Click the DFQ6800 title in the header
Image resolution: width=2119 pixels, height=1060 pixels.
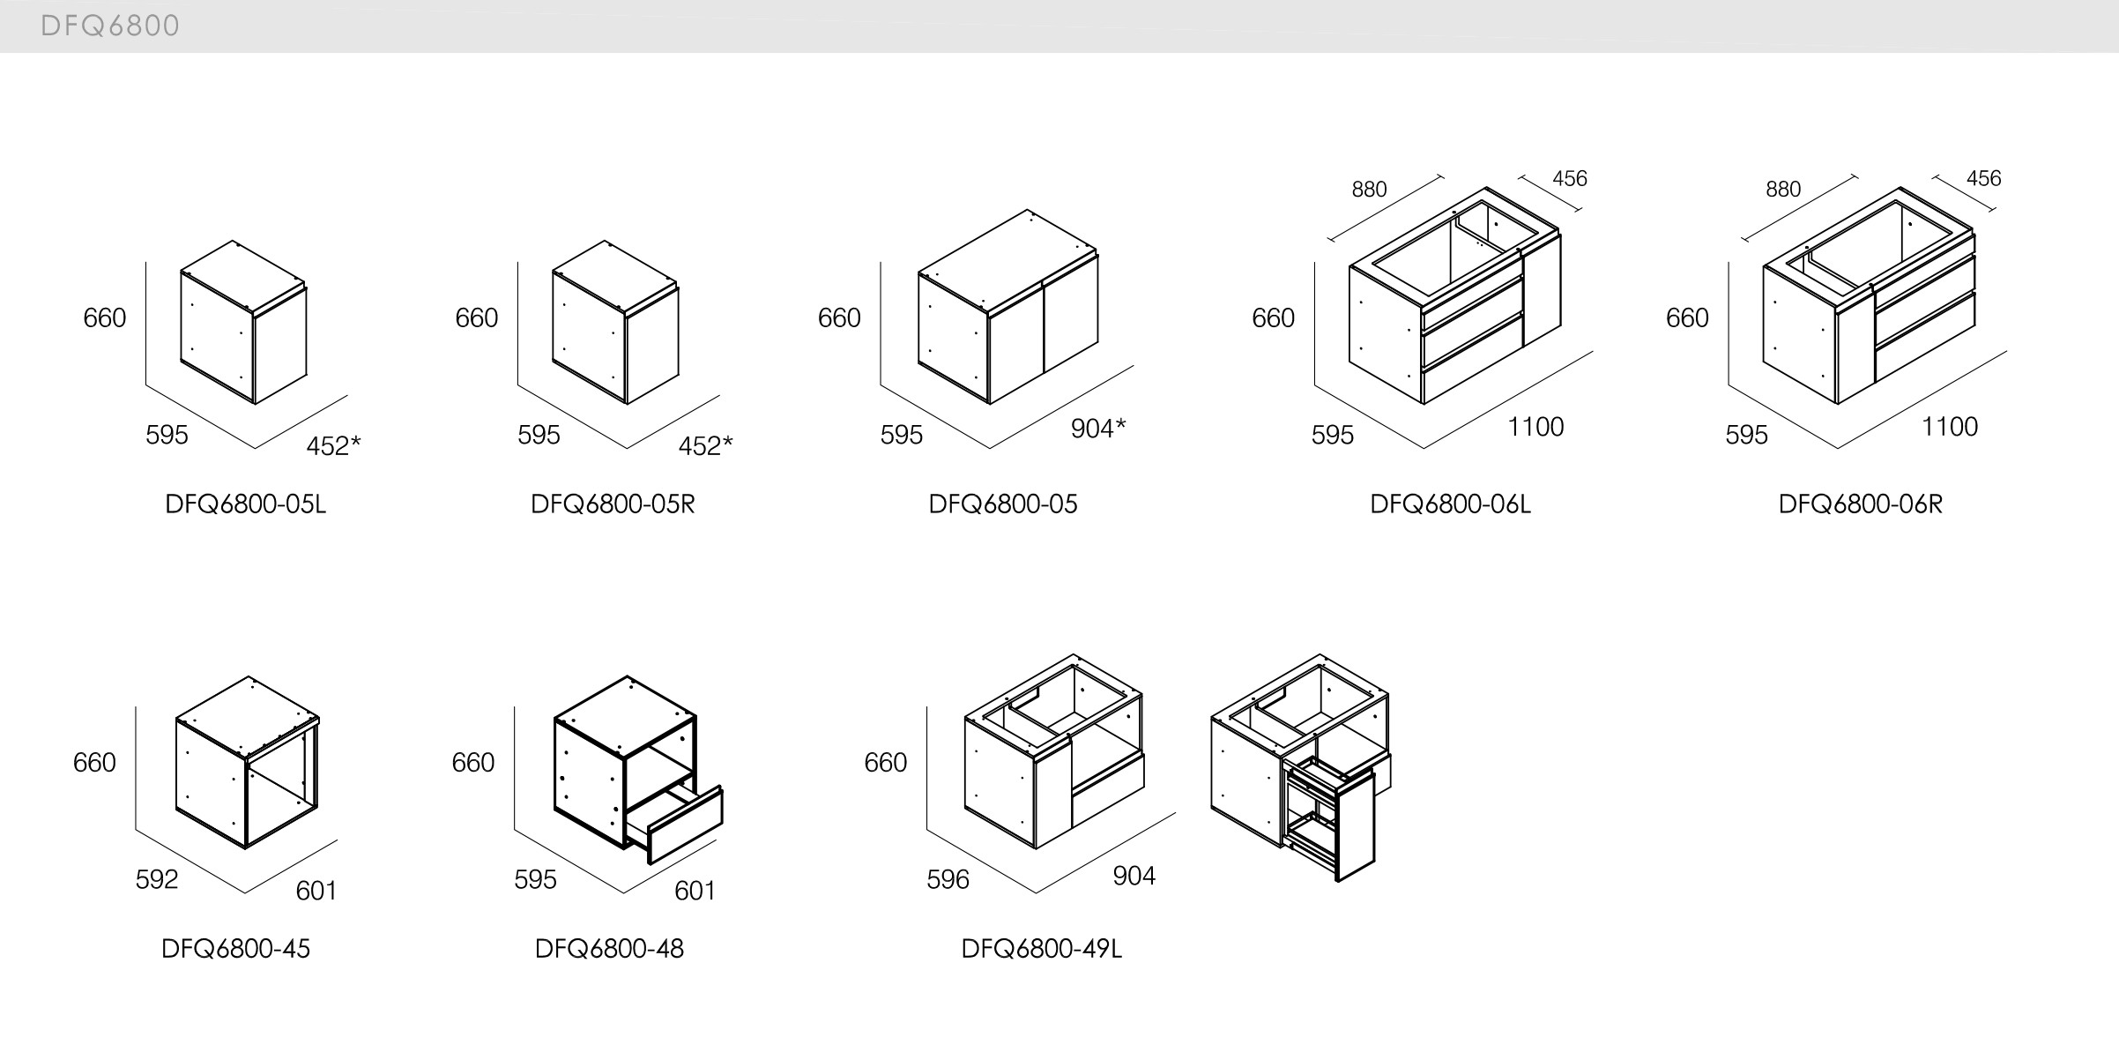click(110, 26)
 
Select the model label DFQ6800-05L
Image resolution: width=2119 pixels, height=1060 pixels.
click(246, 504)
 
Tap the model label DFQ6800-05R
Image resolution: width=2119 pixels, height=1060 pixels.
click(613, 504)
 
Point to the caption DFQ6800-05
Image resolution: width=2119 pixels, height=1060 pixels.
click(1003, 504)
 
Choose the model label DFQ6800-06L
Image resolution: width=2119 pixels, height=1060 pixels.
click(1451, 504)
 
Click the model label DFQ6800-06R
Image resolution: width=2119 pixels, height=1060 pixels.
click(1861, 504)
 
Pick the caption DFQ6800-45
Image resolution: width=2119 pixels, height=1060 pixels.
click(236, 949)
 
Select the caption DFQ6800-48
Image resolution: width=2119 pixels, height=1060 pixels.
click(610, 949)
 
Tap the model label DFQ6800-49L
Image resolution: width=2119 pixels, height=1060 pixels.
click(1042, 949)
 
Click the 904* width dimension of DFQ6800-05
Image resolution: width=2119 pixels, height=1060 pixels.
click(1098, 429)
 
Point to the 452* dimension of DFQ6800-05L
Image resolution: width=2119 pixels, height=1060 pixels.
click(333, 446)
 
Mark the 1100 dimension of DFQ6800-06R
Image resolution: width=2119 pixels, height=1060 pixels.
click(1950, 427)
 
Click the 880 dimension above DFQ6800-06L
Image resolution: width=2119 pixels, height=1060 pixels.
click(1369, 190)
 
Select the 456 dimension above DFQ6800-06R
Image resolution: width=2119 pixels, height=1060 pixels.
click(1984, 179)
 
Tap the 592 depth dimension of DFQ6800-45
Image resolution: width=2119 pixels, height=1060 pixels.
click(157, 879)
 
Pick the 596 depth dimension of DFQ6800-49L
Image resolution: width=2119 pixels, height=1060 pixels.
click(948, 879)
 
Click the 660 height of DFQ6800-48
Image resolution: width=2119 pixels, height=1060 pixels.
click(473, 762)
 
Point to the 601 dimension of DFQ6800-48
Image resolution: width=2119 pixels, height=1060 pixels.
click(695, 891)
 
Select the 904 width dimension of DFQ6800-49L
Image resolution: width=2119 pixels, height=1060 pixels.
click(1134, 876)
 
